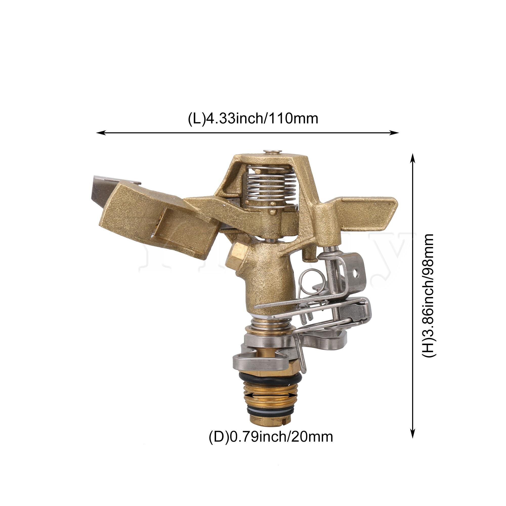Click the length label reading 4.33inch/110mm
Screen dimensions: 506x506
253,118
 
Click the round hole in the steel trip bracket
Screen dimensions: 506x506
356,275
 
